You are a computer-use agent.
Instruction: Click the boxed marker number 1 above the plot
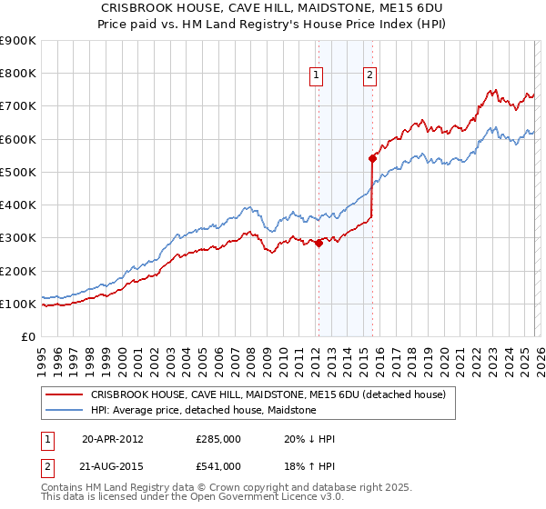317,76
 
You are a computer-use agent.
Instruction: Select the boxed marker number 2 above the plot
371,76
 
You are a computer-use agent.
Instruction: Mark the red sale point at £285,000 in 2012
319,243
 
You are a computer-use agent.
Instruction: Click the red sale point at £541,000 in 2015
372,158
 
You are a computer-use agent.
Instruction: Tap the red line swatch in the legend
65,395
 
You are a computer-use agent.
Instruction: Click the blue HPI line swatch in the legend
65,410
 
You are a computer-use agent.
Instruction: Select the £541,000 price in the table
218,465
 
